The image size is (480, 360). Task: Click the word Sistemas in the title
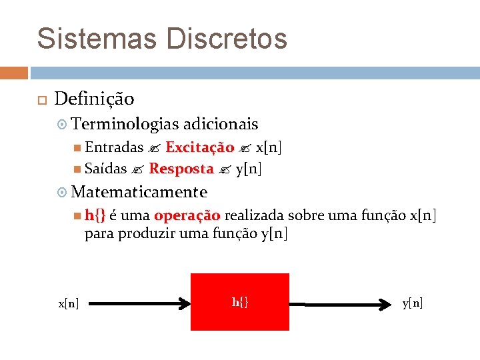(96, 38)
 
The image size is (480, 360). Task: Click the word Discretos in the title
(227, 38)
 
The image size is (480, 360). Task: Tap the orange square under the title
(14, 73)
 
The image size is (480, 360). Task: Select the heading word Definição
(94, 99)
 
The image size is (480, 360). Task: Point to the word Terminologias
(125, 124)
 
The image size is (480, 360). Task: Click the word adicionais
(221, 124)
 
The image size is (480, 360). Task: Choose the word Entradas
(114, 147)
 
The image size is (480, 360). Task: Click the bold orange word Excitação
(199, 147)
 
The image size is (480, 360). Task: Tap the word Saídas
(106, 169)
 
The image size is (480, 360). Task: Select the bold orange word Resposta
(181, 169)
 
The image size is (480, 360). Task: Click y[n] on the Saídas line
(249, 169)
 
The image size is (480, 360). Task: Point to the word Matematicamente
(139, 193)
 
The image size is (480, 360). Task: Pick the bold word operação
(187, 216)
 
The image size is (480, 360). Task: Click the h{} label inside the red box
(240, 303)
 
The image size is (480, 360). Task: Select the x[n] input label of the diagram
(69, 304)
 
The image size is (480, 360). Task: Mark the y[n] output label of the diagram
(412, 304)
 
